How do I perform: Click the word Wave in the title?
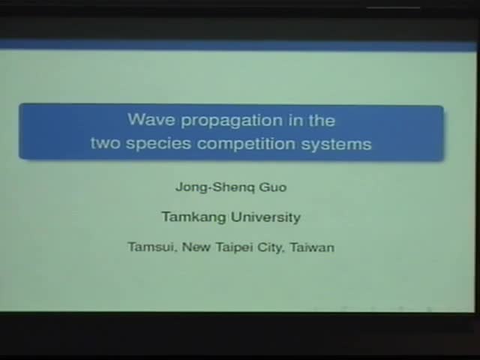[146, 120]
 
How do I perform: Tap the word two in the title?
[105, 143]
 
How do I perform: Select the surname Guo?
[271, 187]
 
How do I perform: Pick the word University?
[265, 217]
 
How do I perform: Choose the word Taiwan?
[312, 247]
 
